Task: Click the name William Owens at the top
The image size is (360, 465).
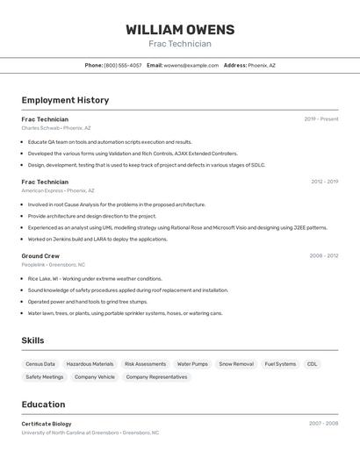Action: pos(180,29)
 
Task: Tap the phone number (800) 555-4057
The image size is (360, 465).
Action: pos(122,65)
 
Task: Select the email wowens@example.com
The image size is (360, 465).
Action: pos(191,65)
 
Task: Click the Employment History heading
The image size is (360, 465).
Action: pos(65,100)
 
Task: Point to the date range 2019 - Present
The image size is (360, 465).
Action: pos(321,119)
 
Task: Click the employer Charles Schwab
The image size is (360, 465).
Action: pos(40,128)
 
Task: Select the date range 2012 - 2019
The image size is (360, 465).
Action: pos(324,182)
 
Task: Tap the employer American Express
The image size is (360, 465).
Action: pos(42,190)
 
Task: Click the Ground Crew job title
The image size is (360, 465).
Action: pos(40,255)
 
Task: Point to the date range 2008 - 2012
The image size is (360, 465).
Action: pos(324,255)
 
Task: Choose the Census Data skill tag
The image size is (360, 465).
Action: pos(40,363)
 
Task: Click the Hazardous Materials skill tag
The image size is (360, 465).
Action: pos(90,363)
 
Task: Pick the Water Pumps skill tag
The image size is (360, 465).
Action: pos(192,363)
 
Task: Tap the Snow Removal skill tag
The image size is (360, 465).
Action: pos(236,363)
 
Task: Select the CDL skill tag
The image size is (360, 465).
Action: pos(312,363)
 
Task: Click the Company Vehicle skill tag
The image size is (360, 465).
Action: pos(95,377)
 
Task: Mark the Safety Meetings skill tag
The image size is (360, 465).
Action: pos(45,377)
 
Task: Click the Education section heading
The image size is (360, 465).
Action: pos(43,404)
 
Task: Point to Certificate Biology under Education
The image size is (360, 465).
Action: pos(47,424)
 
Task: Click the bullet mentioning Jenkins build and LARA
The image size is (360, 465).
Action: pos(97,239)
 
